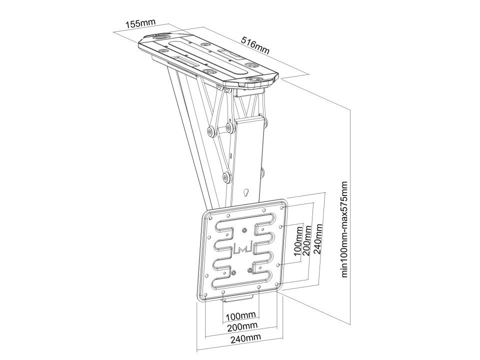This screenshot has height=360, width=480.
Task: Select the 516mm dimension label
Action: tap(255, 45)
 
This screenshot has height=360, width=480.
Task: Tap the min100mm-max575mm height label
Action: tap(345, 229)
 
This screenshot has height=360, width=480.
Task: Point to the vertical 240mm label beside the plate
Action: tap(319, 239)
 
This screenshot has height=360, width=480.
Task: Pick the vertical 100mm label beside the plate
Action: tap(298, 241)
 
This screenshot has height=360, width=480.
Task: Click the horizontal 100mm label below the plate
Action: tap(240, 315)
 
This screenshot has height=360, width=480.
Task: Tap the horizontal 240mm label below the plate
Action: tap(246, 337)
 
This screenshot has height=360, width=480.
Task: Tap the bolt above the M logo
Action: tap(244, 230)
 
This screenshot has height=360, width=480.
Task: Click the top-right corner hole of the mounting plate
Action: tap(281, 208)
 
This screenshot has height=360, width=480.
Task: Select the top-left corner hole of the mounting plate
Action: tap(211, 218)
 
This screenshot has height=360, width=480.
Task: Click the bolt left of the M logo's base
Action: tap(233, 272)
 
